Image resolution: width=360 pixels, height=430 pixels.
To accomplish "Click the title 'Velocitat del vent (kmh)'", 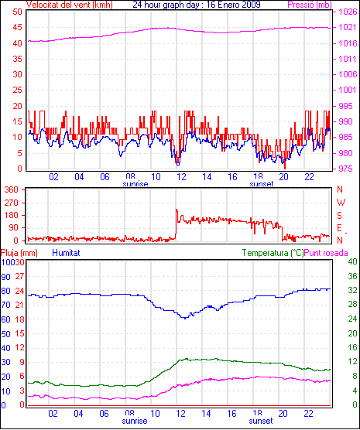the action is click(69, 5).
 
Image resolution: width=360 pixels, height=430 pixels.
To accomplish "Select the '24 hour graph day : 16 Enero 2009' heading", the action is click(197, 5).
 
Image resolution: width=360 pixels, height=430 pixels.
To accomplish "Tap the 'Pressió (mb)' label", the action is click(310, 5).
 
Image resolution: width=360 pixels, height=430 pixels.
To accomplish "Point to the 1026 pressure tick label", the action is click(348, 12).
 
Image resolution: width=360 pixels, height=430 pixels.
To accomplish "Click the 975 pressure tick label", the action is click(345, 169).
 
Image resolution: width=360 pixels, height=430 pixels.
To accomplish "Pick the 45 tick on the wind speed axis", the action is click(17, 27).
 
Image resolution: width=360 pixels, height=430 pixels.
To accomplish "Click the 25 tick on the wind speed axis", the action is click(17, 90).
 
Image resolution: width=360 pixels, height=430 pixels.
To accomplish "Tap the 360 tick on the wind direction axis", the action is click(12, 189).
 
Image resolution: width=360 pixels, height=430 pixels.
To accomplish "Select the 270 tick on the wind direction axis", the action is click(12, 203).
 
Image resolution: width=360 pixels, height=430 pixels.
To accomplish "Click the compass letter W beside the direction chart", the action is click(341, 203).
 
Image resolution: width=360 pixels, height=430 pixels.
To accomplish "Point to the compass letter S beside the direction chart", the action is click(340, 216).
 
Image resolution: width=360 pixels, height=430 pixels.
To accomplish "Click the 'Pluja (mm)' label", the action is click(19, 253).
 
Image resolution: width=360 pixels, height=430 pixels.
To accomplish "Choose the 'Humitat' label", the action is click(66, 253).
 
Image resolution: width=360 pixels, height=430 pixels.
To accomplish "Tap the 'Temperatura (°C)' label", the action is click(273, 253).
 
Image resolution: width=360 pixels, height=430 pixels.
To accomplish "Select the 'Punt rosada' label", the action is click(326, 253).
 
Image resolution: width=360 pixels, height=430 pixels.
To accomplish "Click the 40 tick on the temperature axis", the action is click(352, 261).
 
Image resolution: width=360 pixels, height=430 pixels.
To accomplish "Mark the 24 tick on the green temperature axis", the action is click(352, 319).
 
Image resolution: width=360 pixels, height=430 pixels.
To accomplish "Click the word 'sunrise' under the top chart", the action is click(135, 184).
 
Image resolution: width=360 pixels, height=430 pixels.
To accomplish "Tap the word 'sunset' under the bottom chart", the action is click(261, 421).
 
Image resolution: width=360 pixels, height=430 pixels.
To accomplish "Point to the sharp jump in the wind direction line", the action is click(176, 224).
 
